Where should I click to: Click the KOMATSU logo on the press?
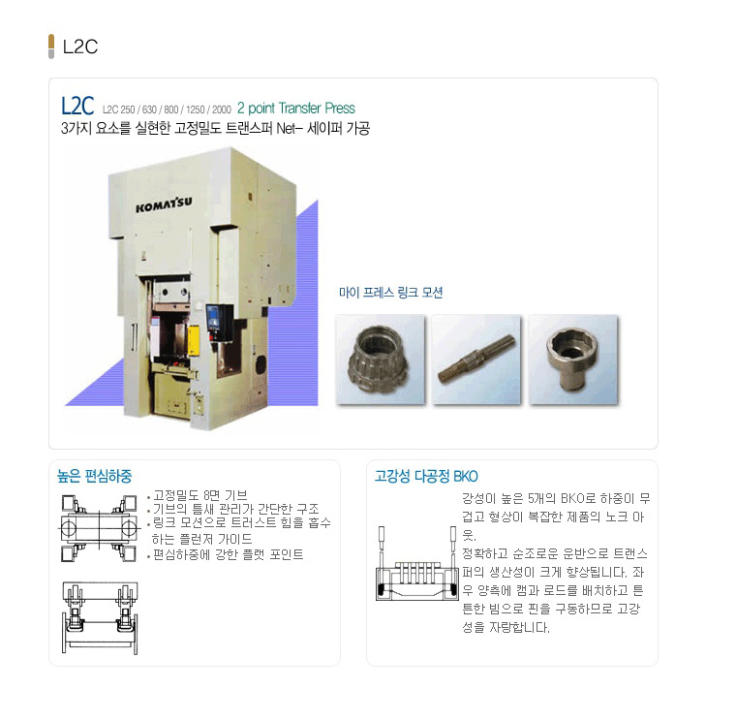point(164,204)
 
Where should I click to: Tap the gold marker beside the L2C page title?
point(51,46)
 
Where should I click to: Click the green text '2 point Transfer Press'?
point(296,108)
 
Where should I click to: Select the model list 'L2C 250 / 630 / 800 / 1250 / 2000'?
point(168,110)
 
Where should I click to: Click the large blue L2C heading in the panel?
point(77,106)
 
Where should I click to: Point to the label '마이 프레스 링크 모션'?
point(391,293)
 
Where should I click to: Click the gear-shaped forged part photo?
point(380,360)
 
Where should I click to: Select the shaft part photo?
point(475,360)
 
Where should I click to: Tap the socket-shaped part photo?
point(572,360)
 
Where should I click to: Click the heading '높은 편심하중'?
point(94,476)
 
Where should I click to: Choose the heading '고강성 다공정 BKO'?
point(426,476)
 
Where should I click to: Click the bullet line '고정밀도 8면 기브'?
point(198,495)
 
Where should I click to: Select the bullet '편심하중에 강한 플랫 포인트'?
point(226,554)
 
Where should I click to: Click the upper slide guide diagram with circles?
point(99,528)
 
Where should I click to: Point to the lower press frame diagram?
point(100,618)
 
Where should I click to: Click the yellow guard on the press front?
point(194,341)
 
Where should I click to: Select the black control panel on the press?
point(219,323)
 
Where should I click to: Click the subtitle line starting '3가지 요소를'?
point(215,128)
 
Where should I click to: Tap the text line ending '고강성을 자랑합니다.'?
point(506,628)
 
